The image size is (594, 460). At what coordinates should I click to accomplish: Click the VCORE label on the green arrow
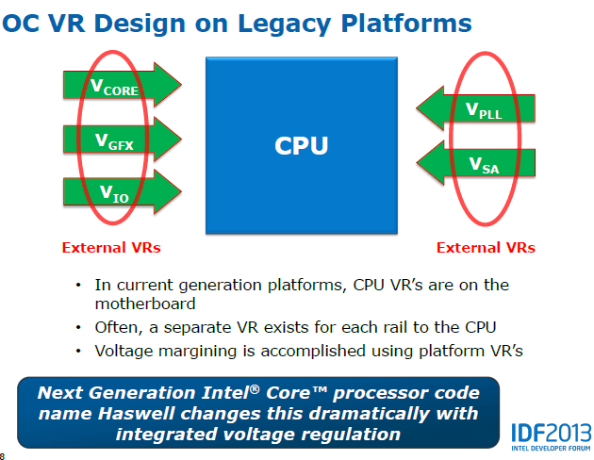pyautogui.click(x=114, y=87)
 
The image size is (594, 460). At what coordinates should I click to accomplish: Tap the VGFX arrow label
pyautogui.click(x=114, y=141)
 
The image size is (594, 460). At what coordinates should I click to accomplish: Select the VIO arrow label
pyautogui.click(x=114, y=194)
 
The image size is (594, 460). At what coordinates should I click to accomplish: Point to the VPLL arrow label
pyautogui.click(x=484, y=110)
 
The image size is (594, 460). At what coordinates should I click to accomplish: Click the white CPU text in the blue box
pyautogui.click(x=301, y=146)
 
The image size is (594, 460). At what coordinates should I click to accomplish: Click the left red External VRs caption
pyautogui.click(x=111, y=248)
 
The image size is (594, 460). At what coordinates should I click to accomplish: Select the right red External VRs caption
pyautogui.click(x=486, y=248)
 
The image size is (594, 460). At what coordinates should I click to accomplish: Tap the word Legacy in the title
pyautogui.click(x=285, y=25)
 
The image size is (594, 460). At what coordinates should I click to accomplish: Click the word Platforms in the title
pyautogui.click(x=406, y=24)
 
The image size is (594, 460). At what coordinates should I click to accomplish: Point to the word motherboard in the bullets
pyautogui.click(x=145, y=304)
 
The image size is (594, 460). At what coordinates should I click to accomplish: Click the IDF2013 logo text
pyautogui.click(x=552, y=433)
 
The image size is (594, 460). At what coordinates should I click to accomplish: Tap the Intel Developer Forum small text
pyautogui.click(x=551, y=449)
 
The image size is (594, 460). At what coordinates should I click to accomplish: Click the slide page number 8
pyautogui.click(x=2, y=456)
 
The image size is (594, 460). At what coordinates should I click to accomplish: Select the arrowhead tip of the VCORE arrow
pyautogui.click(x=181, y=85)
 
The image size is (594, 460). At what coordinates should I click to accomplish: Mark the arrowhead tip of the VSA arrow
pyautogui.click(x=417, y=163)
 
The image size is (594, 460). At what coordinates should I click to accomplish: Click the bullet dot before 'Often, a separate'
pyautogui.click(x=78, y=327)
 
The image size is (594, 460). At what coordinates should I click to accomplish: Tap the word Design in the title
pyautogui.click(x=140, y=25)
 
